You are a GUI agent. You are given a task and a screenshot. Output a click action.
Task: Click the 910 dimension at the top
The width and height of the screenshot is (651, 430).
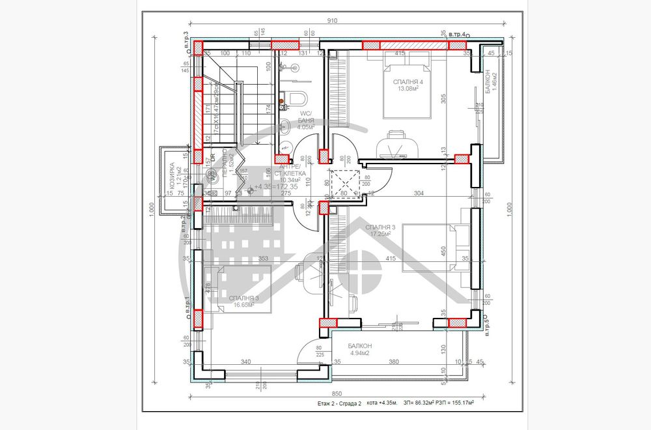click(x=332, y=21)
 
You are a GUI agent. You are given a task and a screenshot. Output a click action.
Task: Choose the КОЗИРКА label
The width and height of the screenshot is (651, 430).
click(x=172, y=176)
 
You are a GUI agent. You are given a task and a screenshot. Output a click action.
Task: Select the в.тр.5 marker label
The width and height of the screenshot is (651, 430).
click(x=487, y=324)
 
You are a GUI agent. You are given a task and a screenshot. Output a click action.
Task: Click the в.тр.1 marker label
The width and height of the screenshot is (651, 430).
click(x=187, y=309)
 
